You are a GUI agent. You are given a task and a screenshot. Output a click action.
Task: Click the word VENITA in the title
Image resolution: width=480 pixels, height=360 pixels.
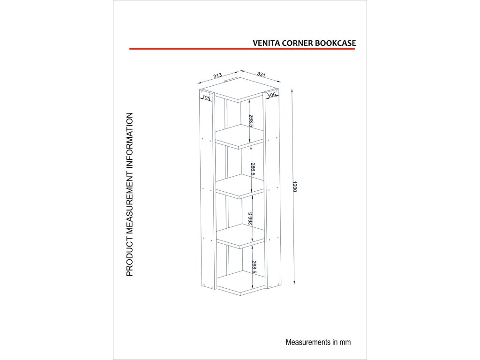266,42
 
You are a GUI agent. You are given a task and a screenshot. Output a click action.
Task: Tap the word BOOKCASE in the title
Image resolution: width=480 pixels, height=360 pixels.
336,42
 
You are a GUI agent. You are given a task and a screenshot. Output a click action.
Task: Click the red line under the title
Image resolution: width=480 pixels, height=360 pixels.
242,48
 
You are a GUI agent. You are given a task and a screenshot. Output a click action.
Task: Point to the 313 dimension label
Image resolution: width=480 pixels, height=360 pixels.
217,75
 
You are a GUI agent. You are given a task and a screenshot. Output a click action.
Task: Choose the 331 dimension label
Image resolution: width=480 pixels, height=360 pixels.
261,74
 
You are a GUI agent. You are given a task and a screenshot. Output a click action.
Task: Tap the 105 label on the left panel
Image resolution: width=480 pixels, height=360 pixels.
206,98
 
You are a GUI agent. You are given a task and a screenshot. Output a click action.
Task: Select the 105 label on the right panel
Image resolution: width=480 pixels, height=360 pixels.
272,95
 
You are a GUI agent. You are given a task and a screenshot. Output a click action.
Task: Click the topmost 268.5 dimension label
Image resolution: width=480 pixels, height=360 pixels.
252,121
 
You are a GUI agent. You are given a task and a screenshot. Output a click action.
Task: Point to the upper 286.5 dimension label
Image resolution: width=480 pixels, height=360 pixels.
253,169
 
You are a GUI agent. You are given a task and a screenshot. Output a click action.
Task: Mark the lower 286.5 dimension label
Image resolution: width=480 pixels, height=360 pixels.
251,219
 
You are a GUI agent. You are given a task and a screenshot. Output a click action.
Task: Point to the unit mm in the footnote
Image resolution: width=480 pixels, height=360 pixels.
345,342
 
